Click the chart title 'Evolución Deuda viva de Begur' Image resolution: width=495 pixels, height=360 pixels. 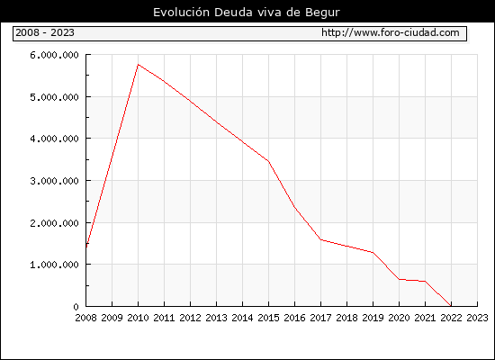(x=247, y=13)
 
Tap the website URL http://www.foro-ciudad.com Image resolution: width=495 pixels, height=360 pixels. (x=391, y=32)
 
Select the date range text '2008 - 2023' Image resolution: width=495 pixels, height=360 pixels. (x=45, y=32)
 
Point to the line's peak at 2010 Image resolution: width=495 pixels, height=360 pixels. (x=138, y=65)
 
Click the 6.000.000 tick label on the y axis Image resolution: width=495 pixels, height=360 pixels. (x=54, y=55)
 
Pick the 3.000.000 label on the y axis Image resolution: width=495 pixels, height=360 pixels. (x=54, y=181)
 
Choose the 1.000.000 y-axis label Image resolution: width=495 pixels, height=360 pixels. (x=54, y=265)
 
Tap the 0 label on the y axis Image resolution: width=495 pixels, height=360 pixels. (x=76, y=307)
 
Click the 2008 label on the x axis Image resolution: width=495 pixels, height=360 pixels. (x=85, y=318)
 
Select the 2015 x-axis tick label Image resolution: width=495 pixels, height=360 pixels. (x=268, y=318)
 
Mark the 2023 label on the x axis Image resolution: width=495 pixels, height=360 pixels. (x=477, y=318)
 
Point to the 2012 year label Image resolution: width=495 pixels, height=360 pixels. (x=190, y=318)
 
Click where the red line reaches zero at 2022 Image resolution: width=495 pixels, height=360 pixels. (x=451, y=306)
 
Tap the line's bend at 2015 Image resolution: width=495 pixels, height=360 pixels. (x=268, y=161)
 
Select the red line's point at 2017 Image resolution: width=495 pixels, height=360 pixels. (x=320, y=239)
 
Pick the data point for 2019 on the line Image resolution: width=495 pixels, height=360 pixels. (x=373, y=252)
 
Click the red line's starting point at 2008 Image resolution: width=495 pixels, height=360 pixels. (x=86, y=247)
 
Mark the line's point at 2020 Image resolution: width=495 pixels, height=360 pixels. (x=399, y=279)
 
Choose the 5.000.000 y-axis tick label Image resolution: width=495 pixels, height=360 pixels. (x=54, y=97)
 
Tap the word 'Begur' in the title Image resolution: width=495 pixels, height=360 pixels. (x=322, y=13)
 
